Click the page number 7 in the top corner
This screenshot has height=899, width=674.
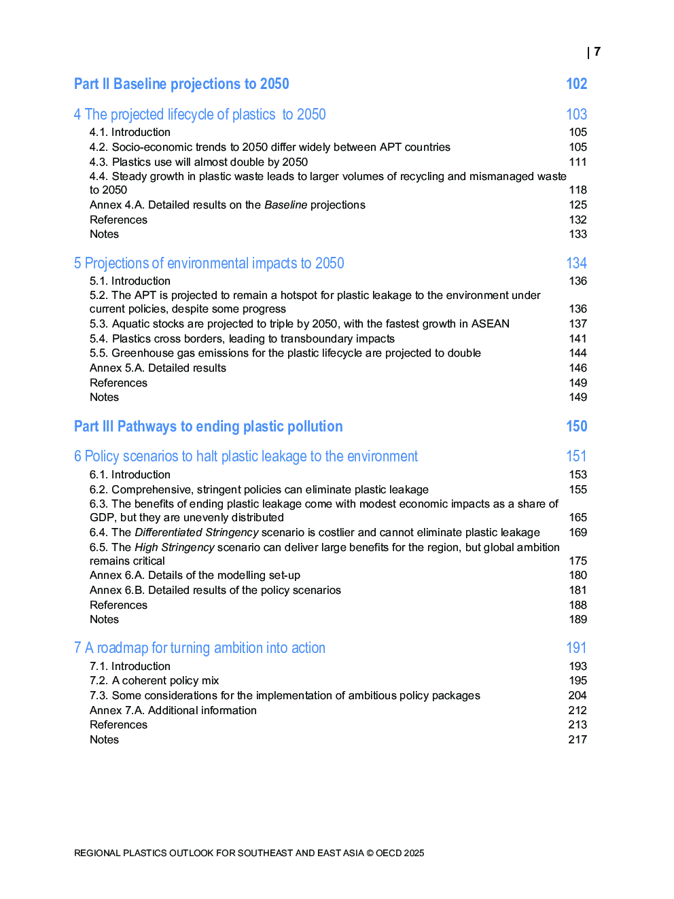[x=597, y=52]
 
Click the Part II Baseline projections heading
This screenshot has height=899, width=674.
[x=181, y=84]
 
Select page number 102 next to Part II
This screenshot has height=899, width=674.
[x=576, y=84]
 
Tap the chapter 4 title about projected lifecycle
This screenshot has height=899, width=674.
[x=200, y=115]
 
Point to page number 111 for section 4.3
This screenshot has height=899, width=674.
[x=578, y=162]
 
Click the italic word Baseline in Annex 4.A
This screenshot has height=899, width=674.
[x=285, y=205]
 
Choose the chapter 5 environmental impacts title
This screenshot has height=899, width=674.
[x=209, y=264]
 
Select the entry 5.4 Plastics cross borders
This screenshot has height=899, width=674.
[x=242, y=338]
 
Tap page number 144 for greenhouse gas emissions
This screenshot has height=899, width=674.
[x=578, y=353]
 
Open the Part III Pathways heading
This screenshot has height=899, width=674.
[x=208, y=427]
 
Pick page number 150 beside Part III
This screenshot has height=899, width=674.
[x=576, y=427]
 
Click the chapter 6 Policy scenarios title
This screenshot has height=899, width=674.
[x=246, y=457]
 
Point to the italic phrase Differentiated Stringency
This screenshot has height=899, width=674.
[x=196, y=533]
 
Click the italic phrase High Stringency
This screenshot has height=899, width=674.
[x=174, y=548]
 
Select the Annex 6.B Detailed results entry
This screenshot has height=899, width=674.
[x=215, y=590]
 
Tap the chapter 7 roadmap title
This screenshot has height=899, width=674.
[x=200, y=648]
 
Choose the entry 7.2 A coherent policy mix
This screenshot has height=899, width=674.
[x=154, y=681]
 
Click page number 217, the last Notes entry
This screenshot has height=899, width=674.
[x=578, y=740]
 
